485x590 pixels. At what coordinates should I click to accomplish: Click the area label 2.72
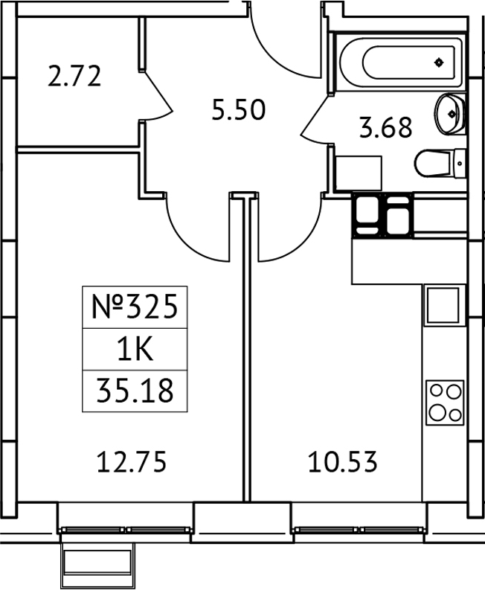(74, 77)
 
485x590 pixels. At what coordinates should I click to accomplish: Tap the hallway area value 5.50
(238, 111)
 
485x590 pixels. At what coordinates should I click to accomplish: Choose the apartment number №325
(134, 307)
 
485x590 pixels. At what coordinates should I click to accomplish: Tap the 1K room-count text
(134, 348)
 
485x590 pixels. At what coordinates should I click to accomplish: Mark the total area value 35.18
(134, 390)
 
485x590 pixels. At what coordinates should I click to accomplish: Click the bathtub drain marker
(440, 62)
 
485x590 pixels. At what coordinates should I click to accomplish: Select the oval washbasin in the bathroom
(450, 113)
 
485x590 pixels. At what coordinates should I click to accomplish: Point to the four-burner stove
(445, 401)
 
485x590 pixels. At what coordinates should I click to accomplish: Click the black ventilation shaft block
(382, 215)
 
